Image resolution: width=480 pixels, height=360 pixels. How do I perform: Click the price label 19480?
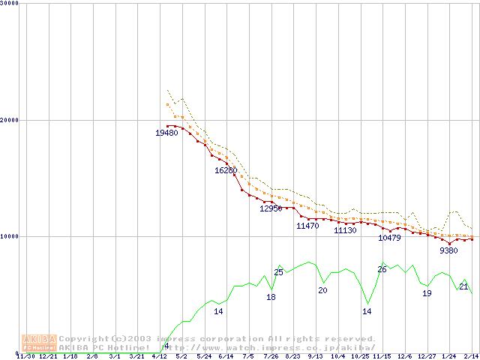(x=166, y=133)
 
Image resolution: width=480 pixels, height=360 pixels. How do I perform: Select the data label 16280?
(x=226, y=170)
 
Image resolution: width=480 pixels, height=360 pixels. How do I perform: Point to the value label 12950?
(x=271, y=208)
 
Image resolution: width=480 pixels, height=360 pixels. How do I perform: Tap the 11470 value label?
(x=307, y=226)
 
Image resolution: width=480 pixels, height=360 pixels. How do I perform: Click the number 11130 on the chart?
(x=345, y=230)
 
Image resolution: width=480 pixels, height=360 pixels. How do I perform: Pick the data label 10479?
(x=389, y=238)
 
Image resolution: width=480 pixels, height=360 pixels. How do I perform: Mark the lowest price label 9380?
(x=448, y=250)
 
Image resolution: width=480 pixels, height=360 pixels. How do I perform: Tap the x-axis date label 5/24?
(x=203, y=356)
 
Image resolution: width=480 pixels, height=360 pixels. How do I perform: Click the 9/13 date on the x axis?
(x=315, y=356)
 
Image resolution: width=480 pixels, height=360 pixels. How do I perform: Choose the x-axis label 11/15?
(x=382, y=356)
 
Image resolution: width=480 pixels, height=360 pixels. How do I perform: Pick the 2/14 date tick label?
(x=471, y=356)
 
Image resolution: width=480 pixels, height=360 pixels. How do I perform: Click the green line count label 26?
(x=382, y=269)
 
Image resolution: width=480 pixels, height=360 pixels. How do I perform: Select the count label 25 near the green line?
(x=278, y=272)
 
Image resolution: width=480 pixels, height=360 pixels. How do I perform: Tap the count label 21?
(x=463, y=286)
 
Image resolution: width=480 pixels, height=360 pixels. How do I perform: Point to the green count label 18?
(x=271, y=297)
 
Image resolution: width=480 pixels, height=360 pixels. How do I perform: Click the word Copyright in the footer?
(x=84, y=339)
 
